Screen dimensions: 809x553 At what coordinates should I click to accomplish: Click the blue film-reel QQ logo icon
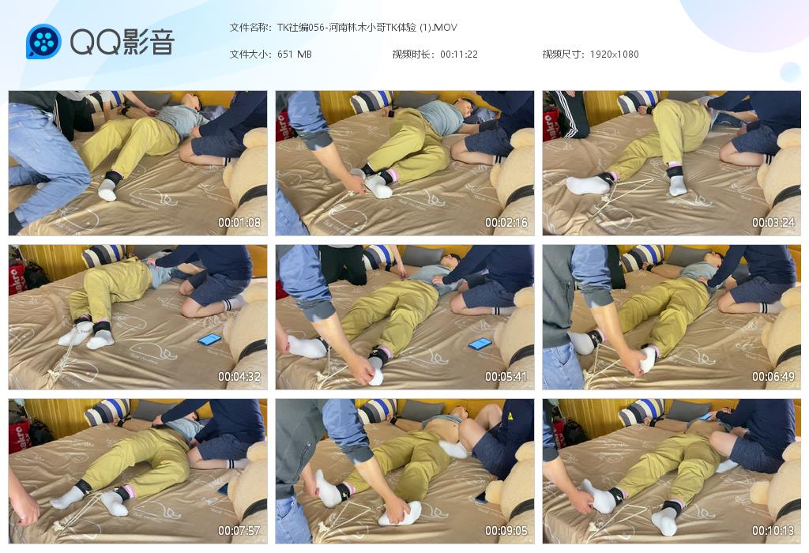(x=44, y=41)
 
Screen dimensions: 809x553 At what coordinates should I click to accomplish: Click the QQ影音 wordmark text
(x=122, y=42)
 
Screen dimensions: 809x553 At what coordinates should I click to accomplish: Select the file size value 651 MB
(x=294, y=55)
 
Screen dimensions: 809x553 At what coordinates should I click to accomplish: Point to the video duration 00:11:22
(x=459, y=55)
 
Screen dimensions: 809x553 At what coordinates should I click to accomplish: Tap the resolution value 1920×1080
(x=614, y=55)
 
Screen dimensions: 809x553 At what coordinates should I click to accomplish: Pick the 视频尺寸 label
(x=562, y=55)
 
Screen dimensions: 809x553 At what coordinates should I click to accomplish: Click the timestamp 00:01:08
(x=239, y=223)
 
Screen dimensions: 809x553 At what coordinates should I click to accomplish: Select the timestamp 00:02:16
(x=506, y=223)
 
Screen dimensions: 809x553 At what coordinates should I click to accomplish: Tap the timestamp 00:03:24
(x=773, y=223)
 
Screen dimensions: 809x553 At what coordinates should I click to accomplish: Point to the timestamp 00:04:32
(x=239, y=377)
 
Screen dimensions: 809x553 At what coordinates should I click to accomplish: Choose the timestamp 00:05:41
(x=506, y=377)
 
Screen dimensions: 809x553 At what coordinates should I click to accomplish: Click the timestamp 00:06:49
(x=773, y=377)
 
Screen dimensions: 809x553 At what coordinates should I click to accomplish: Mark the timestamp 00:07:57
(x=239, y=530)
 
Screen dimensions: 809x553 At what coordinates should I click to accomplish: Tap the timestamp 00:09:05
(x=506, y=530)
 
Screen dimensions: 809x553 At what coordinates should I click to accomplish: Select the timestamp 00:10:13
(x=773, y=530)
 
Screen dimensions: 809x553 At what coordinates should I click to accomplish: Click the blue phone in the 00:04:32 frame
(x=210, y=340)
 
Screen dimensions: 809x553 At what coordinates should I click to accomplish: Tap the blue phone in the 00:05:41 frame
(x=480, y=344)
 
